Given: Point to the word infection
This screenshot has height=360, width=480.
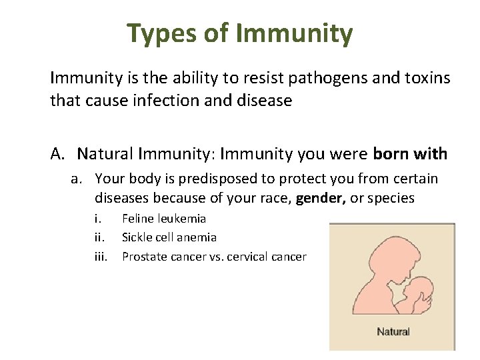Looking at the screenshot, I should click(x=165, y=101).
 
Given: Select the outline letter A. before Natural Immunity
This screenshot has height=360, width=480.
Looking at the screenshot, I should click(x=59, y=154).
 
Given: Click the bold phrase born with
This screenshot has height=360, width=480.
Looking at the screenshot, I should click(x=410, y=154).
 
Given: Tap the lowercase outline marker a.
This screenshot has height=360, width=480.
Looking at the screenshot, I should click(x=79, y=179).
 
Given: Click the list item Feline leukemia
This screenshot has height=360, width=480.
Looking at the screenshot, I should click(x=164, y=218).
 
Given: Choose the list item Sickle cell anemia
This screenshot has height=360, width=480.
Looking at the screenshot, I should click(x=169, y=237).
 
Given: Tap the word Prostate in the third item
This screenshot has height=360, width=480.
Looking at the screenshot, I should click(x=142, y=256).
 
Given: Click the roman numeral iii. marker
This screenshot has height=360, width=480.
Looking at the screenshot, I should click(x=101, y=256).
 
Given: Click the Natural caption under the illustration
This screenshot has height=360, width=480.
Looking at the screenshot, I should click(x=393, y=331).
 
